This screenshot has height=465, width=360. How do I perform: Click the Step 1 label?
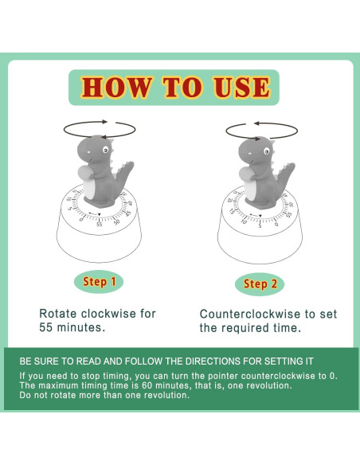[100, 282]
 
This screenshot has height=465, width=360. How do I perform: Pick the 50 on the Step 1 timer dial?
[117, 221]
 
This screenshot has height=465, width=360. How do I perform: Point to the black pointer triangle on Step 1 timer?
[98, 213]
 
